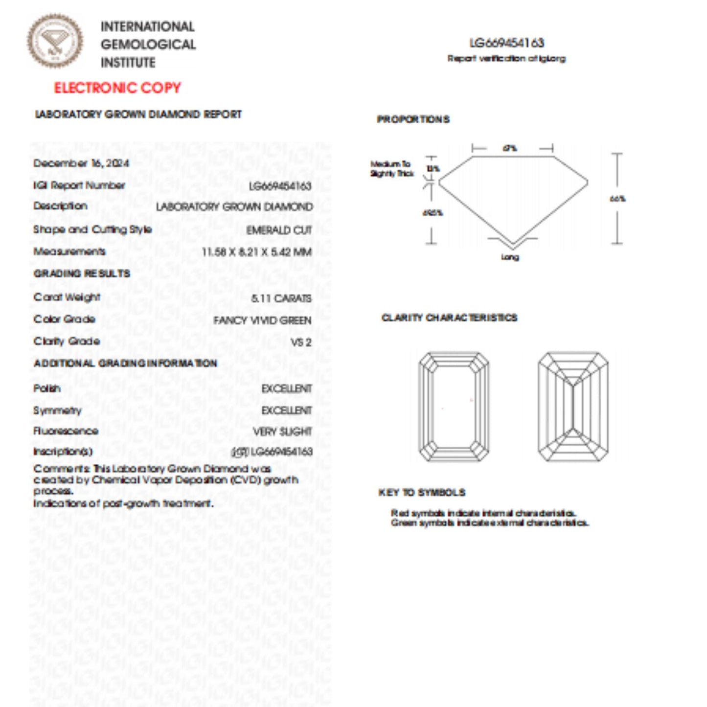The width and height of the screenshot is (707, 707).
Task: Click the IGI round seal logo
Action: pos(55,41)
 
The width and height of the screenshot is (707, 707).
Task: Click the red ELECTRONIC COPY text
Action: pos(117,88)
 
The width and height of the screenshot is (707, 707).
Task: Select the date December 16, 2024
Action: pos(81,163)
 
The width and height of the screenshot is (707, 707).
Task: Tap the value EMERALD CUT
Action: pos(279,230)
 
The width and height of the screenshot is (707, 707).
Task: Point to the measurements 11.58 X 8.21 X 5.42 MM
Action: pos(257,252)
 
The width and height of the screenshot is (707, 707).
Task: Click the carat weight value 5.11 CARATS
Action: pos(281,298)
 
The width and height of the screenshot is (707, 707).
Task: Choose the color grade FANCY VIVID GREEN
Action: pos(262,321)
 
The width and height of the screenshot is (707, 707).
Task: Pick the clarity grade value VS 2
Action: pos(301,342)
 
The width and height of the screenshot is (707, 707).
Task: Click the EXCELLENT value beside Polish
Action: pos(286,389)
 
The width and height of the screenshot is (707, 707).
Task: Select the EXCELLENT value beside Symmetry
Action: pos(286,411)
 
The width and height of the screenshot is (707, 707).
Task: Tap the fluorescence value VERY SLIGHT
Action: pos(282,432)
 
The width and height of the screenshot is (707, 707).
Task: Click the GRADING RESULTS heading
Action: pos(82,274)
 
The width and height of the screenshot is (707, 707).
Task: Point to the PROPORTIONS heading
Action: pos(413,119)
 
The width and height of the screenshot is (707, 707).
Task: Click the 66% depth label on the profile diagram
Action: pos(617,199)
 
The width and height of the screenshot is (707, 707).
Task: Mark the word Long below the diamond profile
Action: pos(510,257)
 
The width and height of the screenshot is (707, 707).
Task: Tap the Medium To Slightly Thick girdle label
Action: pos(392,169)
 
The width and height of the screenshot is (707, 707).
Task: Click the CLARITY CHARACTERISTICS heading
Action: pos(449,318)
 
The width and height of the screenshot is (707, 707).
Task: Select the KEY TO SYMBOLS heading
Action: pos(422,493)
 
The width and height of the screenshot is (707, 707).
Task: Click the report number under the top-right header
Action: pos(506,43)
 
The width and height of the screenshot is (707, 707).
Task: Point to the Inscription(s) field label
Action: pos(63,451)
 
